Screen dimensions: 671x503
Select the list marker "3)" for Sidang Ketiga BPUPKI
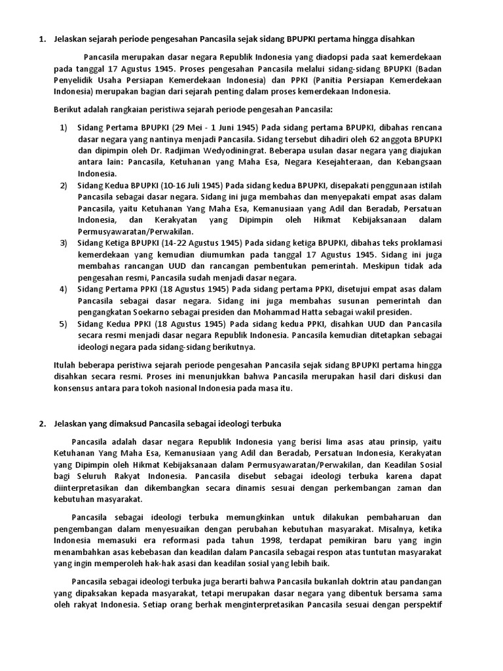point(64,242)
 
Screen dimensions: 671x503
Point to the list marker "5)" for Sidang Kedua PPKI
point(64,324)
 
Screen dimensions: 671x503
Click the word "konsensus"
point(75,388)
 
